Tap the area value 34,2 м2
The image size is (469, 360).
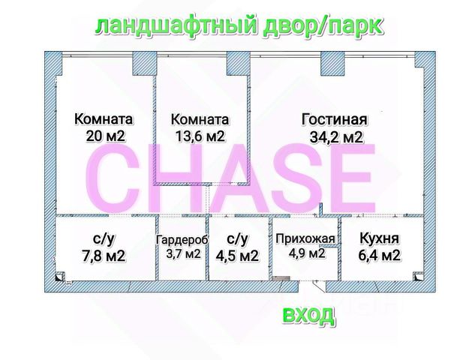pos(336,136)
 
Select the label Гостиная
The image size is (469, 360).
pos(334,119)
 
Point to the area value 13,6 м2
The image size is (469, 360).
pos(200,136)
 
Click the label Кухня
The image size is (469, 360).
pos(379,239)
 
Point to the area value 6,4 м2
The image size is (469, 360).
pos(379,256)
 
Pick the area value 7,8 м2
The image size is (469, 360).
pos(103,256)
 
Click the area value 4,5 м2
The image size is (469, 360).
pos(236,256)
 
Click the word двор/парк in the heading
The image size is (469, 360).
pos(335,26)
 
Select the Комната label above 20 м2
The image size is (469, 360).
pos(104,119)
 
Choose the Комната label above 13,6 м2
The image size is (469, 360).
pos(200,119)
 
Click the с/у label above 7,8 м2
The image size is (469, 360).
pos(103,238)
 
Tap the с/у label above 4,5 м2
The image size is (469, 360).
pos(236,238)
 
